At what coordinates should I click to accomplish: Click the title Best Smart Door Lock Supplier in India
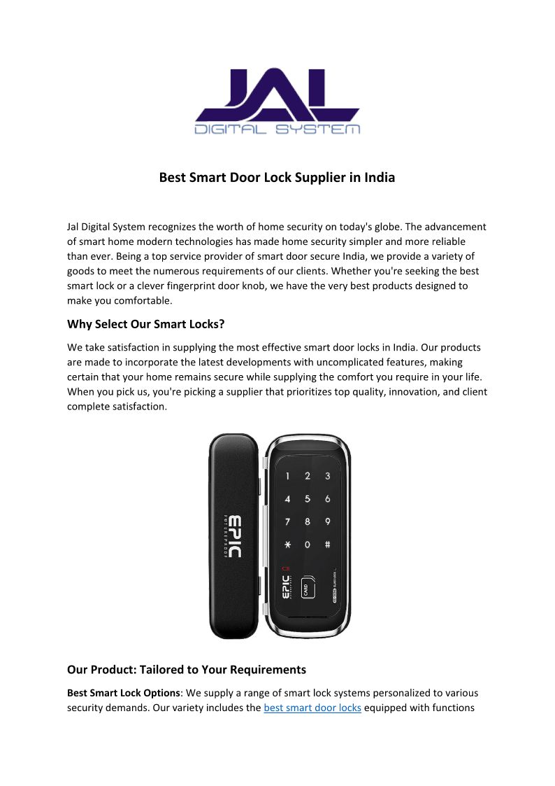tap(277, 178)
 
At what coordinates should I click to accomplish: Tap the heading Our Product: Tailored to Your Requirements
tap(187, 670)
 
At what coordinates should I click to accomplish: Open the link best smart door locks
tap(312, 708)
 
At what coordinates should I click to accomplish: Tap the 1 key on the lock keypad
tap(287, 477)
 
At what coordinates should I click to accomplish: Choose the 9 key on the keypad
tap(327, 521)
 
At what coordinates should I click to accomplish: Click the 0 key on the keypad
tap(308, 544)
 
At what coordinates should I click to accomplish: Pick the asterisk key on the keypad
tap(287, 544)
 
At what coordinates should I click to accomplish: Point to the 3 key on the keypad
tap(327, 477)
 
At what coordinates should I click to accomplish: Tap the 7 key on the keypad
tap(287, 521)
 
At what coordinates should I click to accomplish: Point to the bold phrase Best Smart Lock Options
tap(124, 693)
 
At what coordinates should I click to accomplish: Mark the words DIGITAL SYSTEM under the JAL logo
tap(277, 129)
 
